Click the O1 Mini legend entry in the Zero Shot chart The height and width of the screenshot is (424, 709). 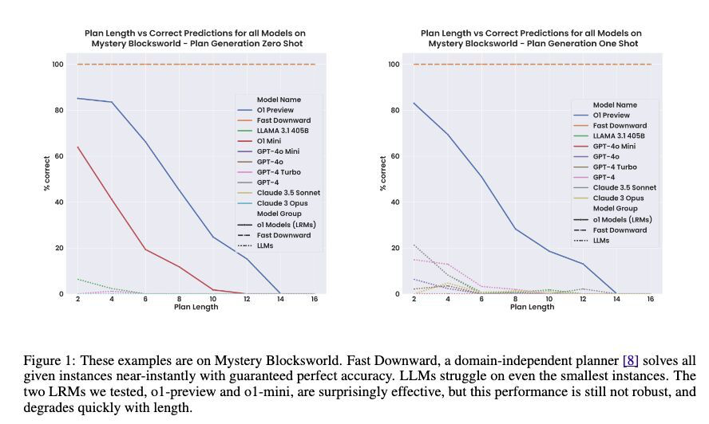tap(270, 141)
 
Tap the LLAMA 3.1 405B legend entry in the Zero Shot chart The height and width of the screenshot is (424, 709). tap(278, 131)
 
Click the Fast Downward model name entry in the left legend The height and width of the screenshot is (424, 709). tap(277, 120)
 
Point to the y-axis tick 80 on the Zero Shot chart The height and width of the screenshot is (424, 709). tap(57, 110)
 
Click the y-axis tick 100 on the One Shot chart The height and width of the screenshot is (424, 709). tap(394, 65)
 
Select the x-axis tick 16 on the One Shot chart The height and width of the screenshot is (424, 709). tap(651, 299)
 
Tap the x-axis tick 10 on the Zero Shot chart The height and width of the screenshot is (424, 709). tap(213, 299)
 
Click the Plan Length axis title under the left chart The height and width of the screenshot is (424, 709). tap(196, 307)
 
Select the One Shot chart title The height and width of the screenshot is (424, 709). tap(531, 38)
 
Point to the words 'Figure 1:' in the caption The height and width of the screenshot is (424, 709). tap(50, 360)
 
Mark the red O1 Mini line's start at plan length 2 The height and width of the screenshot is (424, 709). tap(77, 147)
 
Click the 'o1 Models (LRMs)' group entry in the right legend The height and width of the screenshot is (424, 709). tap(622, 219)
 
